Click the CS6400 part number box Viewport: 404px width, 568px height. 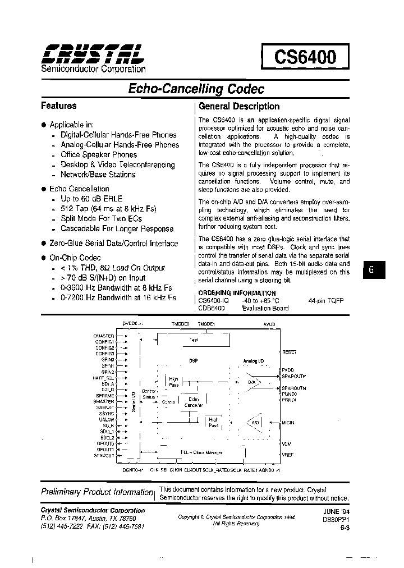305,57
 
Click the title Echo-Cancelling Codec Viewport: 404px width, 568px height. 196,89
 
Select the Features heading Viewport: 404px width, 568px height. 59,106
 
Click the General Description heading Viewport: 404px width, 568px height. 239,106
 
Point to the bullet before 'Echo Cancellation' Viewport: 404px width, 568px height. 44,189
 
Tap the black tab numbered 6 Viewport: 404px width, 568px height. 371,269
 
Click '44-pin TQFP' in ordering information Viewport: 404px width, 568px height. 325,301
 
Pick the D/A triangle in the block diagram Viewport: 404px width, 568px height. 252,383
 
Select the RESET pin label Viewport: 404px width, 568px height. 290,352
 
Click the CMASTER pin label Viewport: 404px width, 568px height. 104,336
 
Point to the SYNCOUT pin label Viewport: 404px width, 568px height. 104,455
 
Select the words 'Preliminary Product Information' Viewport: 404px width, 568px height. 97,492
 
